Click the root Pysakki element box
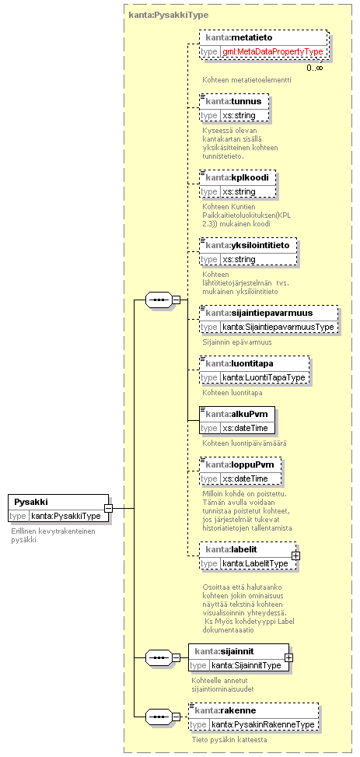click(x=58, y=508)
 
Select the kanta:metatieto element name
click(x=239, y=37)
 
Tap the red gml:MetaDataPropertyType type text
click(x=273, y=51)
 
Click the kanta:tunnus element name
click(x=233, y=101)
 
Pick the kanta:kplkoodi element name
click(x=237, y=177)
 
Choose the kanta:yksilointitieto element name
click(x=247, y=245)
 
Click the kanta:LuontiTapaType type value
click(x=264, y=377)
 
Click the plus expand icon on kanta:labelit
click(x=295, y=555)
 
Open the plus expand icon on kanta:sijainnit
click(x=288, y=657)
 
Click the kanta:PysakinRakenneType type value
click(x=263, y=724)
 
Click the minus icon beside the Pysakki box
click(x=109, y=508)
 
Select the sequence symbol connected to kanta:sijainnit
click(x=159, y=657)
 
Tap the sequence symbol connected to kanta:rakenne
click(x=159, y=717)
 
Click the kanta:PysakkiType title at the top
click(x=169, y=15)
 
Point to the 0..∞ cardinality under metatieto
click(x=315, y=68)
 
